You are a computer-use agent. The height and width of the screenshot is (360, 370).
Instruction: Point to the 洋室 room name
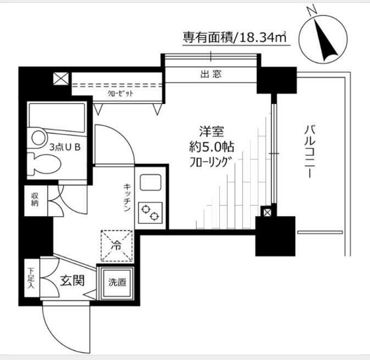tap(212, 132)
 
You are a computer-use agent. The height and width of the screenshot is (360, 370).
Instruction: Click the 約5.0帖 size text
tap(212, 147)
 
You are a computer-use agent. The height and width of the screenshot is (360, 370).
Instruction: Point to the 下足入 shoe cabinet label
tap(31, 278)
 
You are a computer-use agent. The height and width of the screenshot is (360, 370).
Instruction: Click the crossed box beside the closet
tap(61, 79)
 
